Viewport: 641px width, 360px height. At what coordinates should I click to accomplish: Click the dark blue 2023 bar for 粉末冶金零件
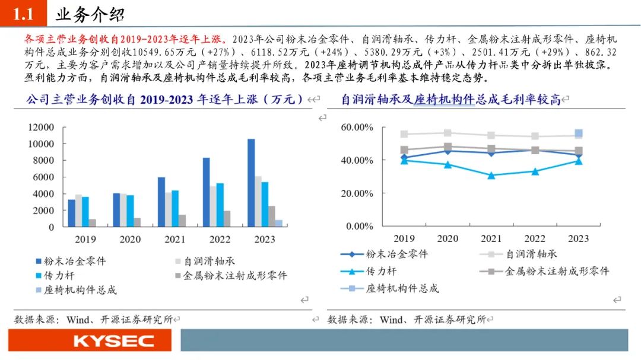pyautogui.click(x=251, y=183)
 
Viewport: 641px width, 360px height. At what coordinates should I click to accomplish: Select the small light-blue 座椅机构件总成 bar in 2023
pyautogui.click(x=279, y=223)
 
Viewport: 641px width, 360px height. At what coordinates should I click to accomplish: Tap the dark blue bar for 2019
pyautogui.click(x=72, y=213)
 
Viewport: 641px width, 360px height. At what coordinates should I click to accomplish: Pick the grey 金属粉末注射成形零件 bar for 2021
pyautogui.click(x=182, y=221)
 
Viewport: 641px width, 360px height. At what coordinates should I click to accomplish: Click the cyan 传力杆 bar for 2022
pyautogui.click(x=220, y=205)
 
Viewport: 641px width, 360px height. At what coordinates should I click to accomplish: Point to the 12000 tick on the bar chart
pyautogui.click(x=41, y=127)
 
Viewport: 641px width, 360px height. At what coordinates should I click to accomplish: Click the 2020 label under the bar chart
pyautogui.click(x=130, y=239)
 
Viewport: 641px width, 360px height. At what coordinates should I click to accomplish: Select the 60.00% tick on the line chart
pyautogui.click(x=357, y=127)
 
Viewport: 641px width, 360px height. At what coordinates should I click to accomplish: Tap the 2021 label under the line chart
pyautogui.click(x=491, y=238)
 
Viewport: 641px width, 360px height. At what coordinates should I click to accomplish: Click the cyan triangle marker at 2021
pyautogui.click(x=491, y=176)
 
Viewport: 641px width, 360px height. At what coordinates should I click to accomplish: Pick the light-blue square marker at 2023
pyautogui.click(x=579, y=133)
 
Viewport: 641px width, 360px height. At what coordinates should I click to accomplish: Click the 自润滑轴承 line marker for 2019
pyautogui.click(x=404, y=134)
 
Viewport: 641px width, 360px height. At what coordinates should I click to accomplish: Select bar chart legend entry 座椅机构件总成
pyautogui.click(x=76, y=290)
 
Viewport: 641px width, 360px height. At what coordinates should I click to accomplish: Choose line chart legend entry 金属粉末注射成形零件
pyautogui.click(x=544, y=271)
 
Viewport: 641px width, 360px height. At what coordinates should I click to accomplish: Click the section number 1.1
pyautogui.click(x=23, y=14)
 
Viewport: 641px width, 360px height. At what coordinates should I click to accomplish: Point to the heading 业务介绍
pyautogui.click(x=90, y=15)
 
